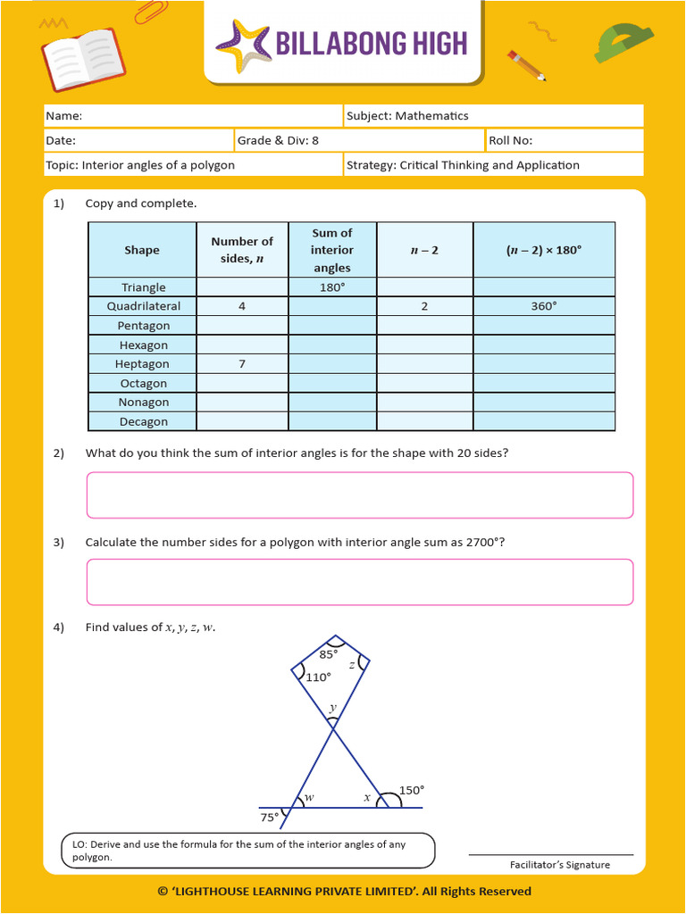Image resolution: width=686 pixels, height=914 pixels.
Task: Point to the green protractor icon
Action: coord(622,43)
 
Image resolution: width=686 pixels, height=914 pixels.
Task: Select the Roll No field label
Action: coord(511,140)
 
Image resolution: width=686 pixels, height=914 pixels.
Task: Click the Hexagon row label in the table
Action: coord(143,345)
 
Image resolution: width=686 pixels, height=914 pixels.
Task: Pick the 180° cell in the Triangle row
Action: coord(331,287)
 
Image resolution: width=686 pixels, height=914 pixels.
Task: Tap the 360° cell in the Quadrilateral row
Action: coord(543,306)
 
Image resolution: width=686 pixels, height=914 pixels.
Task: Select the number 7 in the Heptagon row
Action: coord(241,364)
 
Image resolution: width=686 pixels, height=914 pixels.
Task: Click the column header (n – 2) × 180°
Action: coord(543,250)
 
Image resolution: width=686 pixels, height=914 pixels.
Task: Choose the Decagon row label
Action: coord(143,422)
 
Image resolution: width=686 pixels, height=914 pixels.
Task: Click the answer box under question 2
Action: coord(359,495)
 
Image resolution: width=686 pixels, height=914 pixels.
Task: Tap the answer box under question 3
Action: coord(359,582)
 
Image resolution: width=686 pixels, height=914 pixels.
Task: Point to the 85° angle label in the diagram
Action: coord(329,654)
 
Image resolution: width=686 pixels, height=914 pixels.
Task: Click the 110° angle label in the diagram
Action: coord(319,677)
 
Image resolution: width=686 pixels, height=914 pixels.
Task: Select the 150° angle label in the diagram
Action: coord(411,790)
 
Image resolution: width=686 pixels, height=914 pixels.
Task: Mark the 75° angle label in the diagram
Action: coord(269,817)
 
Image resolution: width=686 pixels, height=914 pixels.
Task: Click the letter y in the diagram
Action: coord(332,709)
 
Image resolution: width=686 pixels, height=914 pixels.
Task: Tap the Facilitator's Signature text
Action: coord(559,865)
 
